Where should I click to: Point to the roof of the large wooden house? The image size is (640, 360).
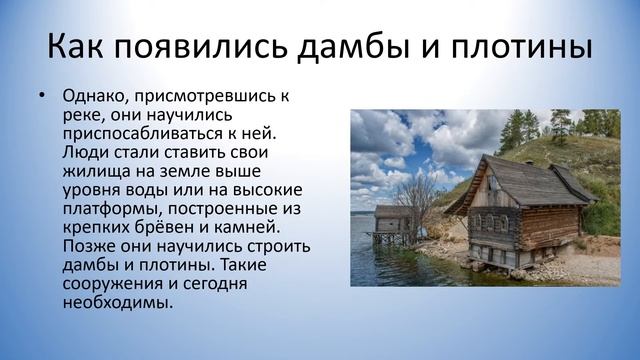(520, 172)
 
